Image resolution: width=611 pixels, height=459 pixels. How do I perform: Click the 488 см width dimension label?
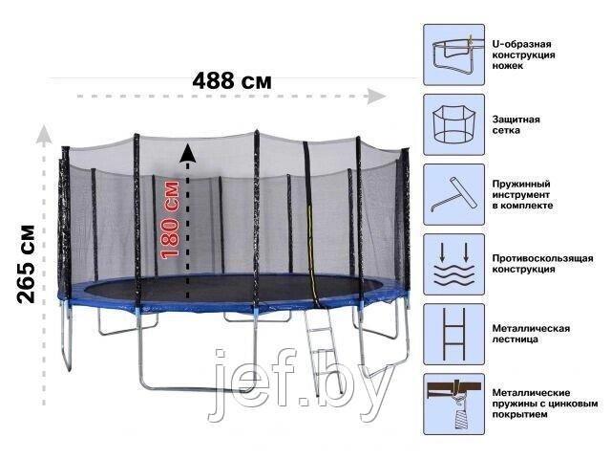pos(232,81)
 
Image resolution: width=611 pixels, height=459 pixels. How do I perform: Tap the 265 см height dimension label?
pos(27,264)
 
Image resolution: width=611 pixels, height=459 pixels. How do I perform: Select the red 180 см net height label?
pos(170,220)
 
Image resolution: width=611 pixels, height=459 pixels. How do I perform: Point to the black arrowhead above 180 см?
pos(187,153)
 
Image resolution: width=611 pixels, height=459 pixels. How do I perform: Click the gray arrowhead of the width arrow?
pos(376,97)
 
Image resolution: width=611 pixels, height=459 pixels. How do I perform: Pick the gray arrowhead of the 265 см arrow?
pos(44,134)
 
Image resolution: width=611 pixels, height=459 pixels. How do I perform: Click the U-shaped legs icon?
pos(454,55)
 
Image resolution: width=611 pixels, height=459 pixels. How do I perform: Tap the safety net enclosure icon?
pos(454,124)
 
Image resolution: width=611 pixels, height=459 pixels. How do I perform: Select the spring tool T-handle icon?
pos(454,194)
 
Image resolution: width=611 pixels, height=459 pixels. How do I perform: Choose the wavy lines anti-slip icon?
pos(454,264)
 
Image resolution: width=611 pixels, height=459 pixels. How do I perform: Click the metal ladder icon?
pos(454,334)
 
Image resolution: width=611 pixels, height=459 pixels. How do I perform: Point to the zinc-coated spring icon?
pos(454,404)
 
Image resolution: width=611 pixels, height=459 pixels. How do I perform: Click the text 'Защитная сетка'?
pos(516,125)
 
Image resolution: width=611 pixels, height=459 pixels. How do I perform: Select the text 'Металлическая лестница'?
pos(531,334)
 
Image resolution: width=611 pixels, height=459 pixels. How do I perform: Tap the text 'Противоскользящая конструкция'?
pos(542,264)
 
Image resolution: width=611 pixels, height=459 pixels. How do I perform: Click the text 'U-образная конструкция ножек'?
pos(523,55)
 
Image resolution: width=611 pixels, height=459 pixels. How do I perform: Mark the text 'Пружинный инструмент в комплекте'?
pos(522,194)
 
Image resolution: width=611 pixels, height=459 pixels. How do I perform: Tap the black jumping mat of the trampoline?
pos(234,288)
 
